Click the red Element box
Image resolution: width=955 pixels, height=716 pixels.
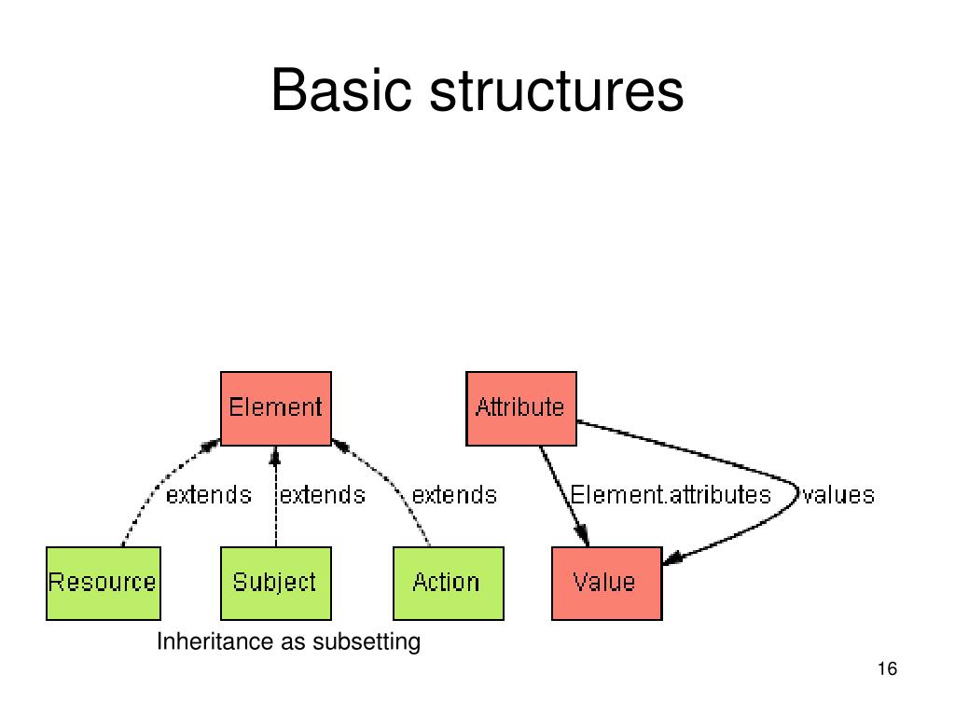[x=275, y=407]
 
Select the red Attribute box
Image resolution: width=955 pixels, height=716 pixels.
[x=520, y=407]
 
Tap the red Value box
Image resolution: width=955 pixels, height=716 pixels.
[x=606, y=583]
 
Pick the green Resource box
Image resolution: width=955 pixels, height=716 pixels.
[x=103, y=583]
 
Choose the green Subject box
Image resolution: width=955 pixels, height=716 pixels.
[x=275, y=583]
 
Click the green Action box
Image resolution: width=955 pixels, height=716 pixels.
[x=448, y=583]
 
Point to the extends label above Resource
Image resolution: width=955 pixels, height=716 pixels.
[x=208, y=494]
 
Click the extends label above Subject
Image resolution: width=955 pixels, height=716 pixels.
[x=323, y=494]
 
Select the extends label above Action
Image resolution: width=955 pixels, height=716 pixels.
[x=454, y=494]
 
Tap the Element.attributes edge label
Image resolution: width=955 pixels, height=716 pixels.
[x=671, y=494]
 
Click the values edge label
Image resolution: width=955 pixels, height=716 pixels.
[x=838, y=494]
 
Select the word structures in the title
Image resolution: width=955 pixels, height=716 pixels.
[x=557, y=92]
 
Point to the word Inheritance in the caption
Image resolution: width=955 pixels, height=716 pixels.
[x=205, y=642]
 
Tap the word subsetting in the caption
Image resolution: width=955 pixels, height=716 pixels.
[x=367, y=642]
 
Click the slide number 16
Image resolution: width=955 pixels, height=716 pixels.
[x=887, y=669]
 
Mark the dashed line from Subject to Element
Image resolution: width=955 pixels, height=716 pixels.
[x=275, y=513]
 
